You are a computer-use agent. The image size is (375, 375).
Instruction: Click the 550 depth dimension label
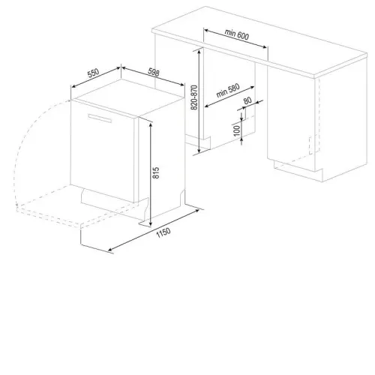[93, 73]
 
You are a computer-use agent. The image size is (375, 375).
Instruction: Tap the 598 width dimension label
[154, 72]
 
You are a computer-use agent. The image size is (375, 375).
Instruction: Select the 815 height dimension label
[155, 172]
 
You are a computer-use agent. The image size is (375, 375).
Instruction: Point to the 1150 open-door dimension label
[163, 232]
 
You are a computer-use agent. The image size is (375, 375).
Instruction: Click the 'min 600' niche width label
[237, 34]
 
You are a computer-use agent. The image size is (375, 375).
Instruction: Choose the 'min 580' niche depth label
[228, 90]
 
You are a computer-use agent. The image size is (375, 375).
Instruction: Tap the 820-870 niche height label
[194, 97]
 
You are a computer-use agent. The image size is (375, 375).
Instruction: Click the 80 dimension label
[247, 100]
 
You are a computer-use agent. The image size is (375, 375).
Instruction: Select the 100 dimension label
[236, 130]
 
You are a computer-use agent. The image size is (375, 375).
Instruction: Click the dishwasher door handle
[100, 118]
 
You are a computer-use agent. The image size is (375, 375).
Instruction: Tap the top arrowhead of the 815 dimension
[151, 124]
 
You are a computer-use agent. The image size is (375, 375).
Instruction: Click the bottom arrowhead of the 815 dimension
[150, 224]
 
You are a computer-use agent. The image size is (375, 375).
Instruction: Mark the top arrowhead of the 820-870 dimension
[199, 51]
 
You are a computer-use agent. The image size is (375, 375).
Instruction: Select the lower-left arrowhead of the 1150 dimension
[110, 249]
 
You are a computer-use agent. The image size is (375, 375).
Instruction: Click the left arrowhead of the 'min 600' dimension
[206, 31]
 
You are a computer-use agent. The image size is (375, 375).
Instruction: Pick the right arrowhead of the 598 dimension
[182, 85]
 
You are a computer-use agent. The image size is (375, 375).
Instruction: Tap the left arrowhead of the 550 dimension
[73, 86]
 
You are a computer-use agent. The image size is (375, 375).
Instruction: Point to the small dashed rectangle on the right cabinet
[314, 145]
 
